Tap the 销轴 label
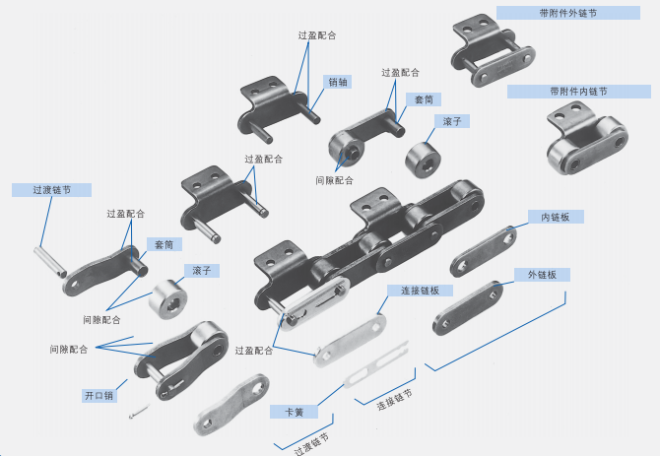[x=338, y=83]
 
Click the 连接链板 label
[x=420, y=291]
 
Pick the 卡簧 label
[x=293, y=413]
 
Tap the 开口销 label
[x=99, y=395]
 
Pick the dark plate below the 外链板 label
[x=468, y=308]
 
